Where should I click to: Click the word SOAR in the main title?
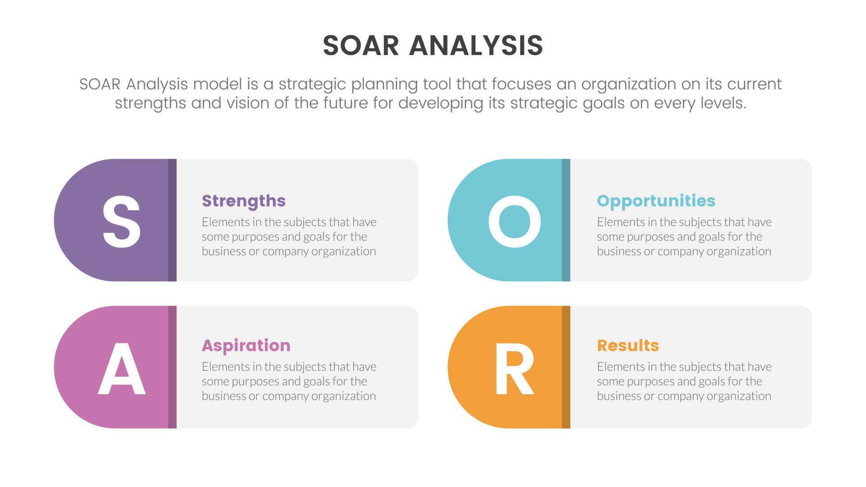[361, 46]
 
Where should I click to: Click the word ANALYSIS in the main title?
[476, 46]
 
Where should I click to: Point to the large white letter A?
[121, 368]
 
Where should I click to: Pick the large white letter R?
[514, 368]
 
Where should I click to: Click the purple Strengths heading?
[244, 201]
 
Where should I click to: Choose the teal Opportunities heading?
[656, 201]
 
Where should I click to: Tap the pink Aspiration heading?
[246, 346]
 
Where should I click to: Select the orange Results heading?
[628, 345]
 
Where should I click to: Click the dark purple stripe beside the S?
[172, 220]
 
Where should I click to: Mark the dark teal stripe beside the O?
[566, 220]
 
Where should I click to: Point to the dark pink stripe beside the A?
[172, 367]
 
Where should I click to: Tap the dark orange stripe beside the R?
[566, 367]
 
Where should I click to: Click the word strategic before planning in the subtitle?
[312, 84]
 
